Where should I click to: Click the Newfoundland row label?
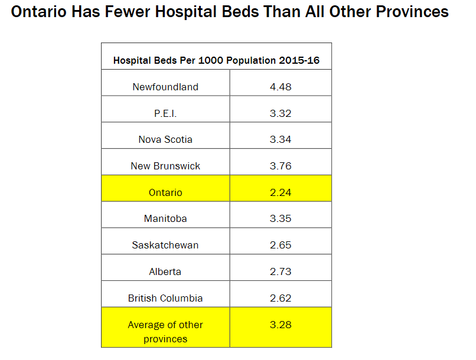(x=165, y=87)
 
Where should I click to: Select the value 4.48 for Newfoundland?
(x=281, y=87)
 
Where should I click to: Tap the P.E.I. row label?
(x=165, y=113)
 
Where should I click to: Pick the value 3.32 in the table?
(x=281, y=113)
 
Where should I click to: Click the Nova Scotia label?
(x=165, y=139)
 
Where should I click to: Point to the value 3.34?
(x=281, y=139)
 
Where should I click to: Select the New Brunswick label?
(x=165, y=166)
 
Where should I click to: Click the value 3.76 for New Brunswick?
(x=281, y=166)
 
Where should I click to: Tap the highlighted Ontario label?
(x=165, y=192)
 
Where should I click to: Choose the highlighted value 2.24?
(x=281, y=192)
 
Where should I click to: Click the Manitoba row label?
(x=165, y=218)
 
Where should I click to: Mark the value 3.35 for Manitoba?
(x=281, y=218)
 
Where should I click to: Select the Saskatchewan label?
(x=165, y=245)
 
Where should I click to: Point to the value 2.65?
(x=281, y=245)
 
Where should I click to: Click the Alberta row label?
(x=165, y=271)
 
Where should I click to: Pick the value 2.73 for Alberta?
(x=281, y=271)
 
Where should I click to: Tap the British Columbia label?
(x=165, y=298)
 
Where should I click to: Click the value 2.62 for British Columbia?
(x=281, y=298)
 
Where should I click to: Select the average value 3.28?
(x=281, y=325)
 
